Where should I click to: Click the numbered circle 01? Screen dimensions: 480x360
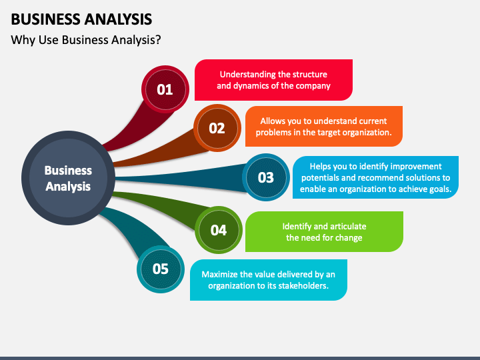point(165,89)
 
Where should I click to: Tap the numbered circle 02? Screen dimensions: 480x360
point(217,128)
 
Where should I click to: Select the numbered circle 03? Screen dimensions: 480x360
point(266,177)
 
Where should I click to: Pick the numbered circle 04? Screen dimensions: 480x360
point(219,230)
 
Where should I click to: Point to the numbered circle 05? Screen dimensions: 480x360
point(161,269)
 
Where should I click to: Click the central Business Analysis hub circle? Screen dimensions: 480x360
point(68,178)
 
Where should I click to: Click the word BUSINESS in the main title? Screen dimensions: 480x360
point(45,19)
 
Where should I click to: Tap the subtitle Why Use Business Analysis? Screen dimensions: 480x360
point(86,40)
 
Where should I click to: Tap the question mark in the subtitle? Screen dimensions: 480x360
point(158,40)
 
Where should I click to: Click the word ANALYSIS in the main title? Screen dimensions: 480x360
point(118,19)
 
